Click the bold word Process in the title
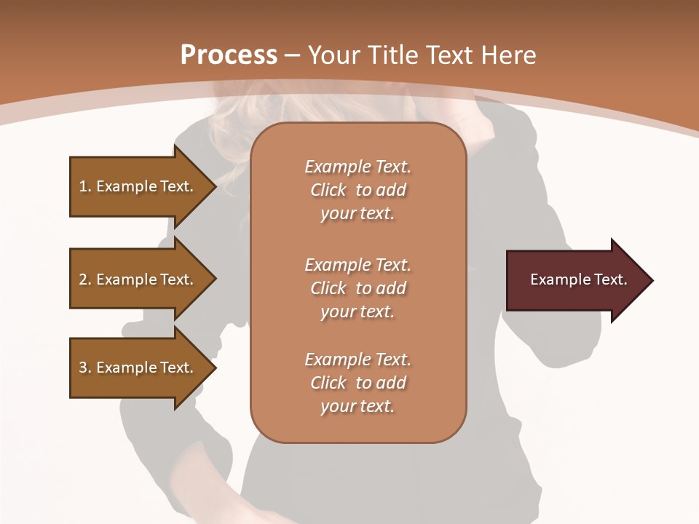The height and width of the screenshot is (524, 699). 229,55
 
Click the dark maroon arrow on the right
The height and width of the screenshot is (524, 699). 575,280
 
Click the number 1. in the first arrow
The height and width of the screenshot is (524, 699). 84,186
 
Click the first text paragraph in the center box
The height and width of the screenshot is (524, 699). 358,190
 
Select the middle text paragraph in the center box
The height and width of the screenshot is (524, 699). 358,288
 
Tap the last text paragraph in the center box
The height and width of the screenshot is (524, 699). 358,383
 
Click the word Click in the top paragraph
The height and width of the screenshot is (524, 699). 328,190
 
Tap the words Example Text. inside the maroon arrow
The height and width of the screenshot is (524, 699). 578,279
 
